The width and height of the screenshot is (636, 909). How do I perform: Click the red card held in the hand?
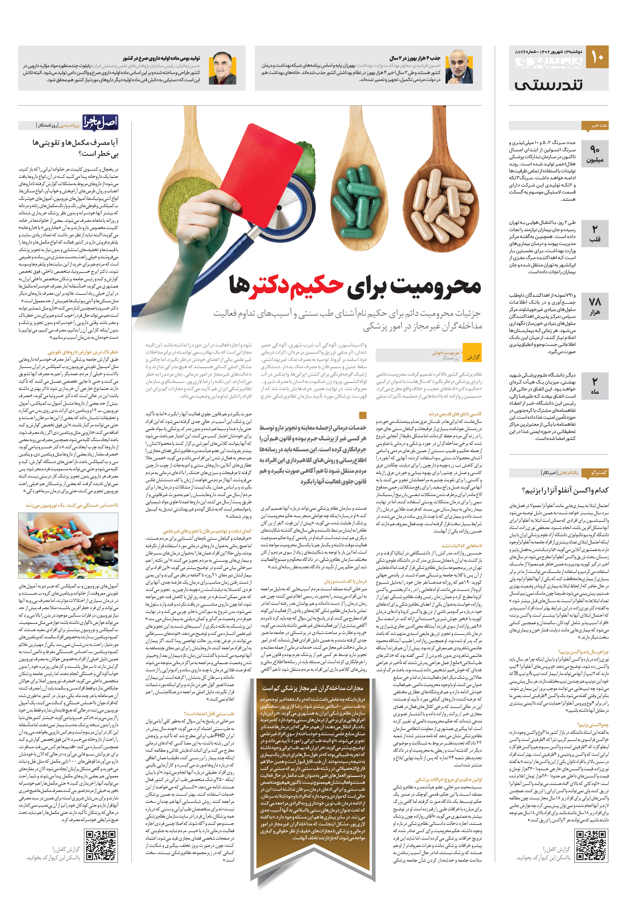click(x=261, y=166)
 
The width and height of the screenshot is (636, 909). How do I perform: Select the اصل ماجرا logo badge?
click(x=100, y=122)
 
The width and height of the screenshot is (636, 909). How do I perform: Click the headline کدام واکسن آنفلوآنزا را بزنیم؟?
click(x=565, y=491)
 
